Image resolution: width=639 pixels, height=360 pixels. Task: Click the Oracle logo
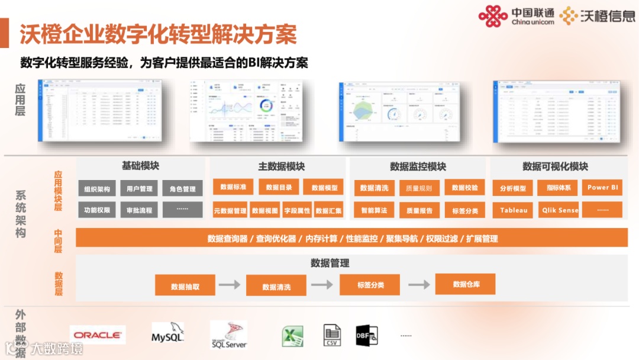coord(98,335)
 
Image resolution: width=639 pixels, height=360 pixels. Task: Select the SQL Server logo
coord(228,335)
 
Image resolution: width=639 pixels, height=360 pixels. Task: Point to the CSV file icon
coord(333,335)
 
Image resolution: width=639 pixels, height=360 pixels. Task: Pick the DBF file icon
coord(366,335)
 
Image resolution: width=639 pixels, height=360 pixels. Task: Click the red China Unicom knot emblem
coord(493,16)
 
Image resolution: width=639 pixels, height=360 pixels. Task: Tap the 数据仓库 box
coord(466,284)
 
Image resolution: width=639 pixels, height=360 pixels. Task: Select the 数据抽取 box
coord(185,286)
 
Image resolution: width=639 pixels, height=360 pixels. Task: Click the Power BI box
coord(602,188)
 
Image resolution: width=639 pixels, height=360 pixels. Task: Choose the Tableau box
coord(513,210)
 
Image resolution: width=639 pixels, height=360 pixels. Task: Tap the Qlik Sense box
coord(560,210)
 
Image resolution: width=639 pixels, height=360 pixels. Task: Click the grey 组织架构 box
coord(97,189)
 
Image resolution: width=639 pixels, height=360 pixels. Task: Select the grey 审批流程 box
coord(139,210)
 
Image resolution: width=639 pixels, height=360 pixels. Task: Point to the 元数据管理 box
coord(230,210)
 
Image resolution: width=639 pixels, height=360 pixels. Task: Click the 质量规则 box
coord(419,189)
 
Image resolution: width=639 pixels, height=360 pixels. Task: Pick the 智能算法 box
coord(374,210)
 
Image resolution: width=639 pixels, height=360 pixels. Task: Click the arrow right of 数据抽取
coord(230,285)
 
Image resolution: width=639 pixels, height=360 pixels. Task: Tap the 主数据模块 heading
coord(282,167)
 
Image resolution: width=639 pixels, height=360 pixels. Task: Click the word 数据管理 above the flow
coord(330,263)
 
